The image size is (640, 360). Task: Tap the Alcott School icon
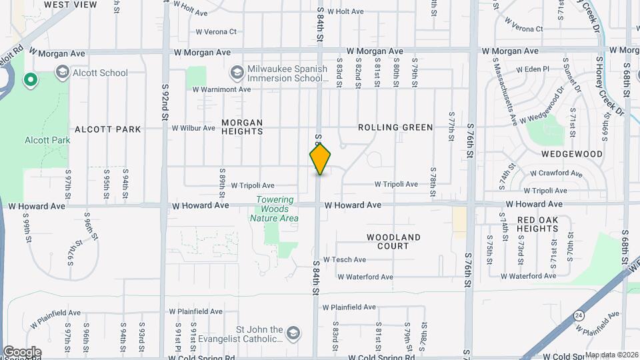pyautogui.click(x=62, y=73)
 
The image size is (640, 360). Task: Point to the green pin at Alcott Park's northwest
pyautogui.click(x=30, y=81)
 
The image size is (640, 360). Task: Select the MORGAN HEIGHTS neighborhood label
pyautogui.click(x=242, y=127)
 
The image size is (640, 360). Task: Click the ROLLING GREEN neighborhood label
pyautogui.click(x=395, y=127)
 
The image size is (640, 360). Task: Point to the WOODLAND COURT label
pyautogui.click(x=394, y=241)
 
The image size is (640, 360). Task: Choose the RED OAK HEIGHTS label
pyautogui.click(x=528, y=224)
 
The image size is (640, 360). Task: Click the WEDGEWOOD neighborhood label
pyautogui.click(x=571, y=154)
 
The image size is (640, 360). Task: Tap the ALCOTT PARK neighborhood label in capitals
pyautogui.click(x=108, y=129)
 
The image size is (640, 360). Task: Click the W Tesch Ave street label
pyautogui.click(x=345, y=259)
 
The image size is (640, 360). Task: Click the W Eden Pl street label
pyautogui.click(x=532, y=69)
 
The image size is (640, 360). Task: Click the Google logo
pyautogui.click(x=21, y=351)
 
